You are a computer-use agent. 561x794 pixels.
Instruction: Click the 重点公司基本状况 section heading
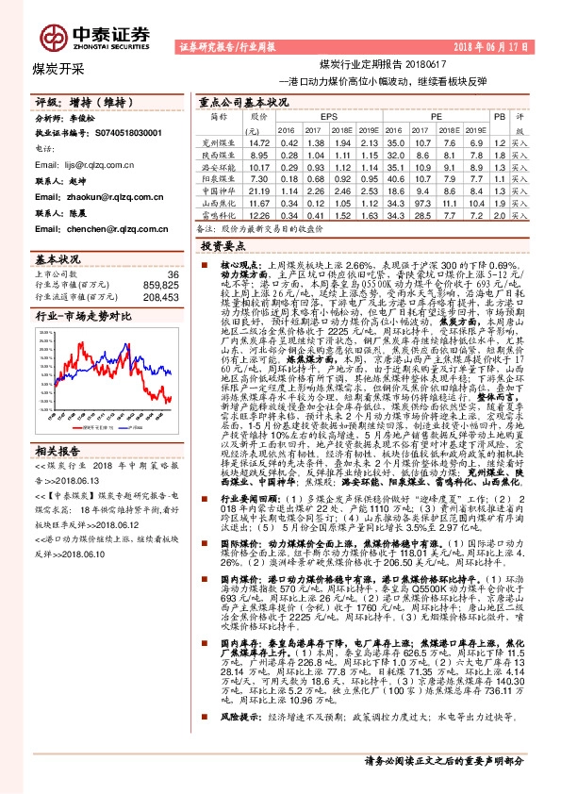pyautogui.click(x=242, y=100)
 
